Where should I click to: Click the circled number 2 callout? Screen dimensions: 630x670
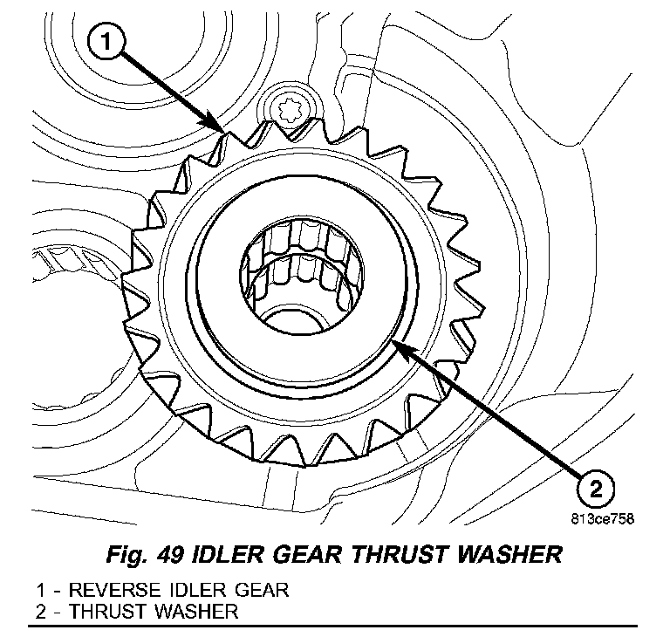click(x=593, y=486)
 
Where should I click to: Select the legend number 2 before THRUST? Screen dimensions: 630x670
click(x=41, y=611)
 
